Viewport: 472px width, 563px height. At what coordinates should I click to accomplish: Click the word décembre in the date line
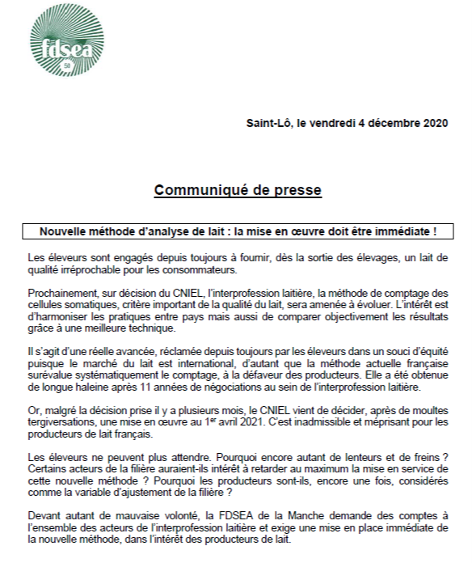391,123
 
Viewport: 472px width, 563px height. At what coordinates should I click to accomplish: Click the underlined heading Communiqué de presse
238,190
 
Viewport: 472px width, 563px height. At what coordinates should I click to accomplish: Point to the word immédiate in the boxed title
401,231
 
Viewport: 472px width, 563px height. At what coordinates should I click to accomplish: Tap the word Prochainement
60,292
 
